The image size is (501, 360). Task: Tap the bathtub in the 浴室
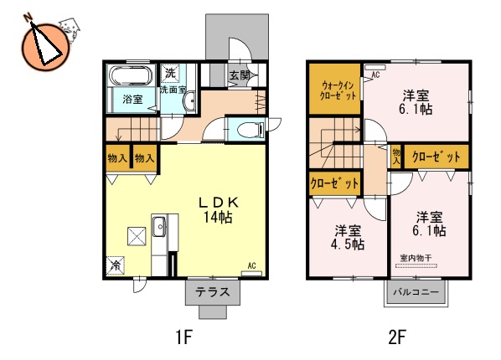130,79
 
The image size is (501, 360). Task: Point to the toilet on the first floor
248,130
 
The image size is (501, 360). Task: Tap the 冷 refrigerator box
115,265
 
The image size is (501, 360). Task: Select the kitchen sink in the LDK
158,225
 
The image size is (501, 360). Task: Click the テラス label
212,293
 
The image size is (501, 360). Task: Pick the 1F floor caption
184,338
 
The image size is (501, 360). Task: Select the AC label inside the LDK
250,267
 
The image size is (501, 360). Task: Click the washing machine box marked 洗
170,73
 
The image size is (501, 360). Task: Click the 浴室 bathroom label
132,100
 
